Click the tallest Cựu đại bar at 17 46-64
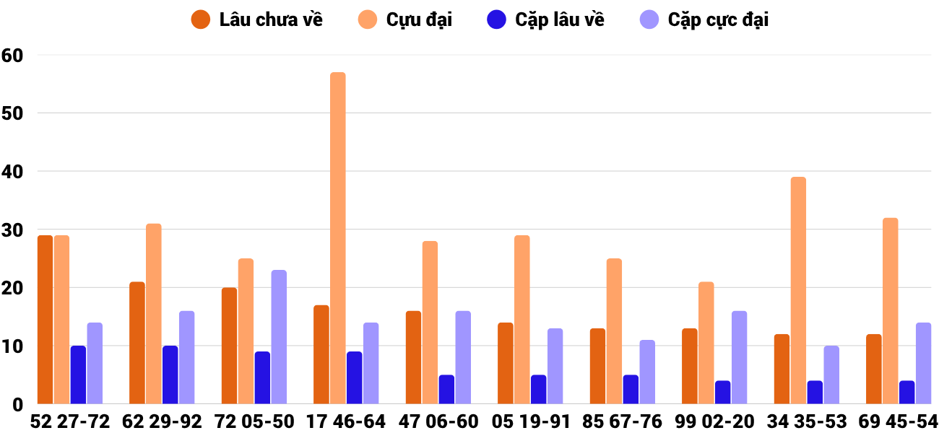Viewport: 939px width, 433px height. tap(338, 238)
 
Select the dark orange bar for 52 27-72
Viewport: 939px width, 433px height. tap(45, 320)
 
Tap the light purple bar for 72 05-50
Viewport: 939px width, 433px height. tap(279, 337)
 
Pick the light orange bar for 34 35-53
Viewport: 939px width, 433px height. tap(798, 290)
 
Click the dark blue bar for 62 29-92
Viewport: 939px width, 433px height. tap(170, 375)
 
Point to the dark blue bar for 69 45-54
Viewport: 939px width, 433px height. tap(906, 393)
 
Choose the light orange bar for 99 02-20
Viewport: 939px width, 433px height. tap(706, 343)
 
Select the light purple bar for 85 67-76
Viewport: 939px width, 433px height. tap(647, 372)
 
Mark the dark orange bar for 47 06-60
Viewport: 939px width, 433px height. tap(413, 357)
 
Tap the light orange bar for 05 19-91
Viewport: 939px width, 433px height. tap(522, 320)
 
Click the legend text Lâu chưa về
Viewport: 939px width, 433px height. tap(271, 19)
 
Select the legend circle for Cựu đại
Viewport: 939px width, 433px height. tap(368, 19)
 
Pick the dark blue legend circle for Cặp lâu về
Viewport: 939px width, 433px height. tap(497, 19)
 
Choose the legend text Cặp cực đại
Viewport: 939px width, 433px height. tap(718, 19)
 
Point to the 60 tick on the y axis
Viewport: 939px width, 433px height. tap(12, 55)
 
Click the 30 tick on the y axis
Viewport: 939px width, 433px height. tap(12, 229)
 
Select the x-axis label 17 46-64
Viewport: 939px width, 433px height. tap(345, 421)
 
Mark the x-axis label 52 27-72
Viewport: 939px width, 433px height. tap(70, 421)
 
